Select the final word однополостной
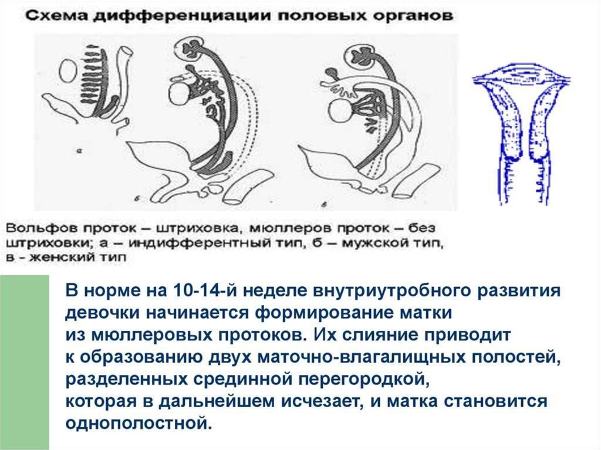click(137, 423)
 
